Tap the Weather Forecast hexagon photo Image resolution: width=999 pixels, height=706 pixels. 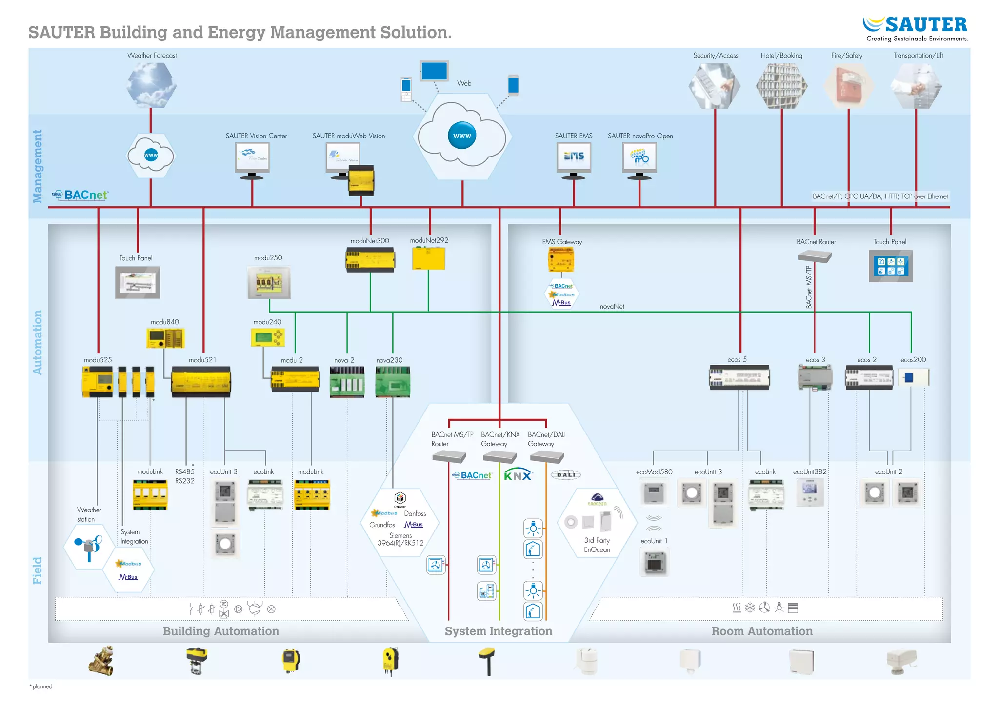151,85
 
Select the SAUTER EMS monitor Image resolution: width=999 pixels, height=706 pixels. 574,158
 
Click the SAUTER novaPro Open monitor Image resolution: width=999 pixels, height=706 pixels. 639,158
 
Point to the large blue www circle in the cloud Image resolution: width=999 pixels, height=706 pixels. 461,136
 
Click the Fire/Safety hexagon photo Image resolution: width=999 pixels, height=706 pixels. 848,86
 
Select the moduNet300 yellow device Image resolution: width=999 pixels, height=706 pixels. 370,259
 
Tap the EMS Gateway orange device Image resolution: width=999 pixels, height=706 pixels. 561,259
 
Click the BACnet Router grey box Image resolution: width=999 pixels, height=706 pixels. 814,256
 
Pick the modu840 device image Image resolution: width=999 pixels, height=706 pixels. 165,338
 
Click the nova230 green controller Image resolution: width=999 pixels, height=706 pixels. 393,382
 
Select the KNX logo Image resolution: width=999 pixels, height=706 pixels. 518,475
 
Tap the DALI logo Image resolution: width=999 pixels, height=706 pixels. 566,475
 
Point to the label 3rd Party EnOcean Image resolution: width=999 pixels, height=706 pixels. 597,545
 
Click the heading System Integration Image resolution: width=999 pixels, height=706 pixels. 498,631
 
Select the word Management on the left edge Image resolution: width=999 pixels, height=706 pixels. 38,166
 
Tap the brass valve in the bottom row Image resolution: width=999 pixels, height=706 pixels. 101,661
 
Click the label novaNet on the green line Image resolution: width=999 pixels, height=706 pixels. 612,307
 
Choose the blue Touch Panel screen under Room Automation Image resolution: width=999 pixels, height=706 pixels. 890,266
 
